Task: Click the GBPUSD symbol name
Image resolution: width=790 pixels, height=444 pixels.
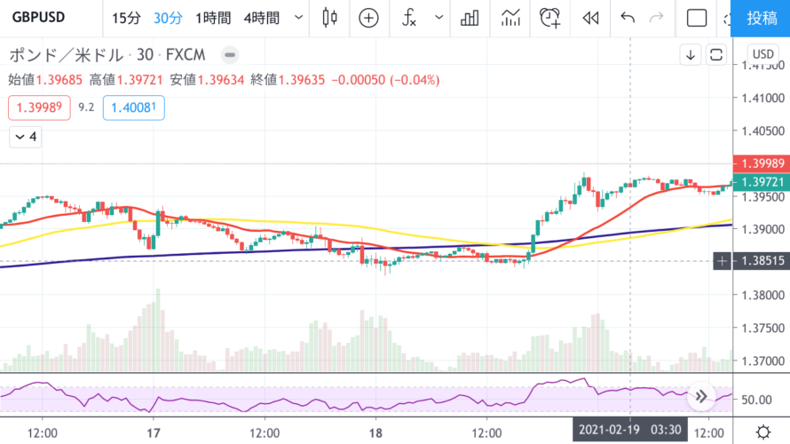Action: tap(37, 18)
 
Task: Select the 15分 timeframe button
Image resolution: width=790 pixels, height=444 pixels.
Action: tap(126, 18)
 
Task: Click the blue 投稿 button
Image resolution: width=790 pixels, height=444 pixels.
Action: tap(762, 18)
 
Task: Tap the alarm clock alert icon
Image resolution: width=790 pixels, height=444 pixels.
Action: tap(551, 18)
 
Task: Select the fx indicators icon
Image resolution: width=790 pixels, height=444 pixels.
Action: tap(409, 18)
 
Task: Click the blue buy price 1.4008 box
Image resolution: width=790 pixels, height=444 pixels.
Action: tap(133, 108)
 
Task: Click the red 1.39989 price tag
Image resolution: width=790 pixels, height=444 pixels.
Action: tap(762, 164)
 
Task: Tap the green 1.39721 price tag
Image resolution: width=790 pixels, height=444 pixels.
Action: tap(762, 182)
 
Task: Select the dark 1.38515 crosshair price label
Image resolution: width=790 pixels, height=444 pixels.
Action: tap(762, 260)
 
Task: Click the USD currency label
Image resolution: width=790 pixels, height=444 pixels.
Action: tap(762, 54)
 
